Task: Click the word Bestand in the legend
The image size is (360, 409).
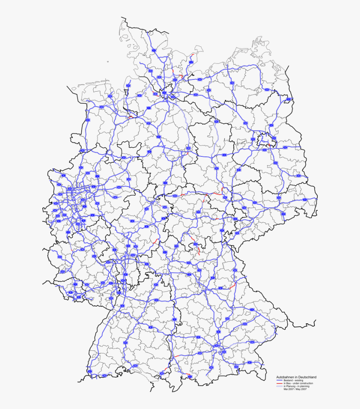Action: coord(287,380)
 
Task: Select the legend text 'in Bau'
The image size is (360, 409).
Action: coord(287,383)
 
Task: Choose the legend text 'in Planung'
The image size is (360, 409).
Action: coord(289,386)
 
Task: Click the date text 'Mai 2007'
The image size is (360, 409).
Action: coord(288,389)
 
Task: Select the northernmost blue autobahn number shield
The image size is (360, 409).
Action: coord(154,50)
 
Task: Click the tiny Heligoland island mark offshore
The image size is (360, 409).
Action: coord(108,61)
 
